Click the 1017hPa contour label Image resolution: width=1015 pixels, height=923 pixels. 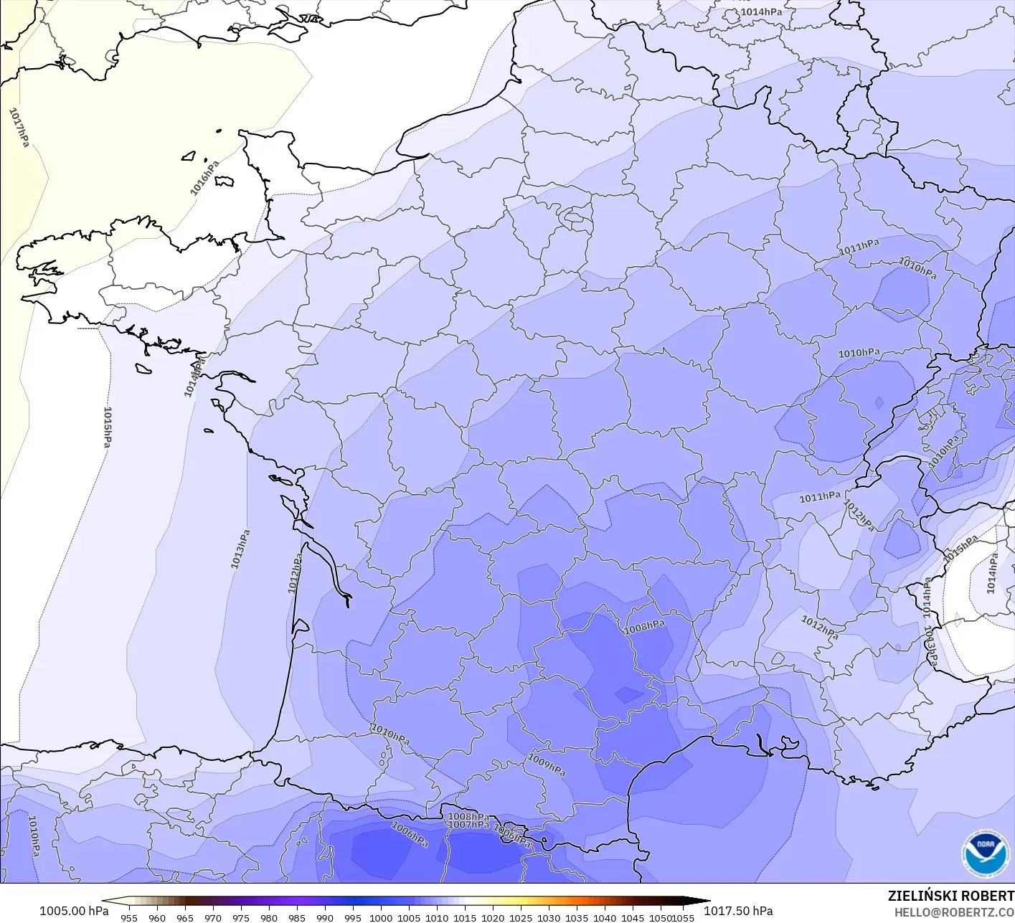tap(19, 128)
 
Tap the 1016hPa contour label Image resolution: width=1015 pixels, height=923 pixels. tap(204, 178)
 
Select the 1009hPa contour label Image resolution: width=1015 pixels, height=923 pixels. tap(547, 765)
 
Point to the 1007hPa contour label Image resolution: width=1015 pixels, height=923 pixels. tap(468, 825)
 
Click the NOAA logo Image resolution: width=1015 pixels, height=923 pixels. tap(985, 853)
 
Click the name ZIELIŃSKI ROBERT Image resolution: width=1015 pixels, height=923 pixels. tap(950, 896)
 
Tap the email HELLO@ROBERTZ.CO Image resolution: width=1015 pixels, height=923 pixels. tap(954, 911)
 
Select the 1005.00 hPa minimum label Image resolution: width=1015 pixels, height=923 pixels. tap(74, 911)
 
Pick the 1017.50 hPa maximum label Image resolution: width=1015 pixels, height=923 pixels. tap(738, 911)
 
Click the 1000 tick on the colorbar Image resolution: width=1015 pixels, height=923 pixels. tap(381, 917)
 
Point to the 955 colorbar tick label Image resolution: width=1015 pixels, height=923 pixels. tap(129, 917)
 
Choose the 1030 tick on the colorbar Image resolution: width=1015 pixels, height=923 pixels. tap(549, 917)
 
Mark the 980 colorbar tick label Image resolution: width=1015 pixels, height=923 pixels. tap(269, 917)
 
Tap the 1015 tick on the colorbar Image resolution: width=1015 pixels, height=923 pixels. tap(465, 917)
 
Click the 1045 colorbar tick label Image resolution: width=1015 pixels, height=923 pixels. tap(633, 917)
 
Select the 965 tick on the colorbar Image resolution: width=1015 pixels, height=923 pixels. tap(185, 917)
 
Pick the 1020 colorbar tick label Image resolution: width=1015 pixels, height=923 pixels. tap(493, 917)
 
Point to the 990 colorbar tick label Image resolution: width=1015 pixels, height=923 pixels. tap(325, 917)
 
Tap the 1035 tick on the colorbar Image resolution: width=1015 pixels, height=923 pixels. tap(577, 917)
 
